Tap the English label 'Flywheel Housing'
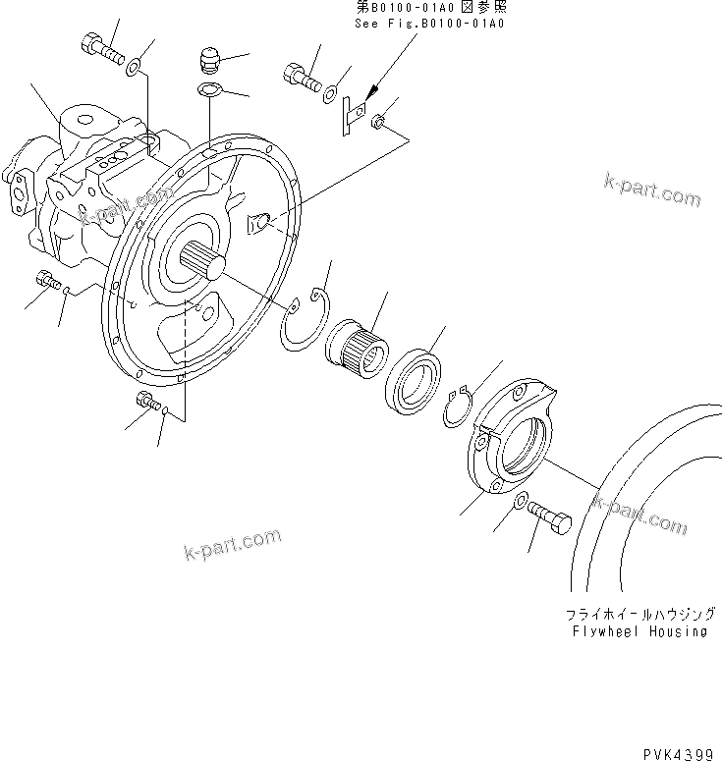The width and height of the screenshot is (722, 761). point(639,631)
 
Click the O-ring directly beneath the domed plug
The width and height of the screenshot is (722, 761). point(208,89)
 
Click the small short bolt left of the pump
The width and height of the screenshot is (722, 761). point(47,280)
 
